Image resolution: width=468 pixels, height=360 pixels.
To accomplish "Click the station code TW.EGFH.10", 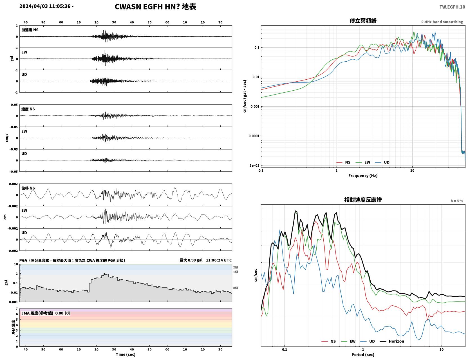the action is click(452, 7).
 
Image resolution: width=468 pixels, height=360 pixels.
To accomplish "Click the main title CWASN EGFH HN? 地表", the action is click(155, 7).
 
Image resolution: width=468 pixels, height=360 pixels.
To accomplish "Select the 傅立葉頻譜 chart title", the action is click(363, 21).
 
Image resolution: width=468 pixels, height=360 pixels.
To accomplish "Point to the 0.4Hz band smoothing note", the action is click(442, 22).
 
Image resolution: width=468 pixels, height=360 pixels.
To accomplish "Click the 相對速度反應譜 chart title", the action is click(363, 200).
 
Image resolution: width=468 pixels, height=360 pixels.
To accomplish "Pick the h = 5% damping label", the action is click(456, 201).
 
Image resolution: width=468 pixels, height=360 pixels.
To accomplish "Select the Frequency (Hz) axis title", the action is click(363, 176).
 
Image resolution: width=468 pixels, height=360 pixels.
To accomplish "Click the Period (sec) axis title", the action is click(363, 355).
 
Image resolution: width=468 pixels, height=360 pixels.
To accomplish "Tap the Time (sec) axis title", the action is click(126, 354).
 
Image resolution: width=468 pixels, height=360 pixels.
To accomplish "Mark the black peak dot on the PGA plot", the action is click(104, 274).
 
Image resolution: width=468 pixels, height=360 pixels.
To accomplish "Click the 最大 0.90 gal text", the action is click(191, 260).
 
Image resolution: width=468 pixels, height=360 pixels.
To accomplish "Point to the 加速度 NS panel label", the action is click(30, 30).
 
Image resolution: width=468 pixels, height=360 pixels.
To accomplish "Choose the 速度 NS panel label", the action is click(28, 109).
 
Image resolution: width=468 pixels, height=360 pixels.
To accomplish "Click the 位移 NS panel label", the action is click(28, 188).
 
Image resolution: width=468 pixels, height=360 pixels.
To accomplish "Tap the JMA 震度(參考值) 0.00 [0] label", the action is click(45, 313).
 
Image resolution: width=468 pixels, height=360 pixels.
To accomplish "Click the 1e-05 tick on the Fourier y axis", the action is click(254, 166).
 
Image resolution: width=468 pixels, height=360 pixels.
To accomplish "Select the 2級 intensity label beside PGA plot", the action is click(236, 267).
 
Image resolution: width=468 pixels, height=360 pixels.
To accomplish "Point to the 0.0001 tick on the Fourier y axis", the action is click(254, 136).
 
